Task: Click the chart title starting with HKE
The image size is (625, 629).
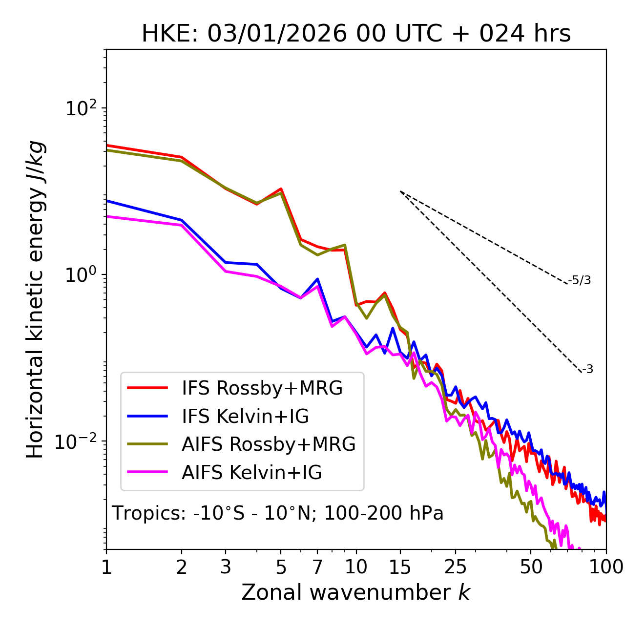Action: coord(356,34)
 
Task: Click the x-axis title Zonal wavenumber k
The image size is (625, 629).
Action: coord(356,592)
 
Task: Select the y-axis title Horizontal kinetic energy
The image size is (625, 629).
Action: coord(35,299)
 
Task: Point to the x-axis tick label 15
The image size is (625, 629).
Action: coord(400,567)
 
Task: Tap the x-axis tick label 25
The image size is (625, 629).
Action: coord(456,567)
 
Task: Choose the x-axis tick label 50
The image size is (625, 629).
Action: coord(531,567)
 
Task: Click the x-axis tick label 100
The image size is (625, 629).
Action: coord(606,567)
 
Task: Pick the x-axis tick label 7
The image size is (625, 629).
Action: coord(317,567)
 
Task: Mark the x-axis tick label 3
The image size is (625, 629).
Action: coord(226,567)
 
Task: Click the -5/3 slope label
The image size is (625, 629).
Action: coord(580,280)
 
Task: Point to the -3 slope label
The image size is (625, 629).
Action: coord(588,369)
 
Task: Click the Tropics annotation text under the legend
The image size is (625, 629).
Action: coord(277,513)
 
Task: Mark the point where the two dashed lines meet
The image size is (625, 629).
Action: coord(400,191)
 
